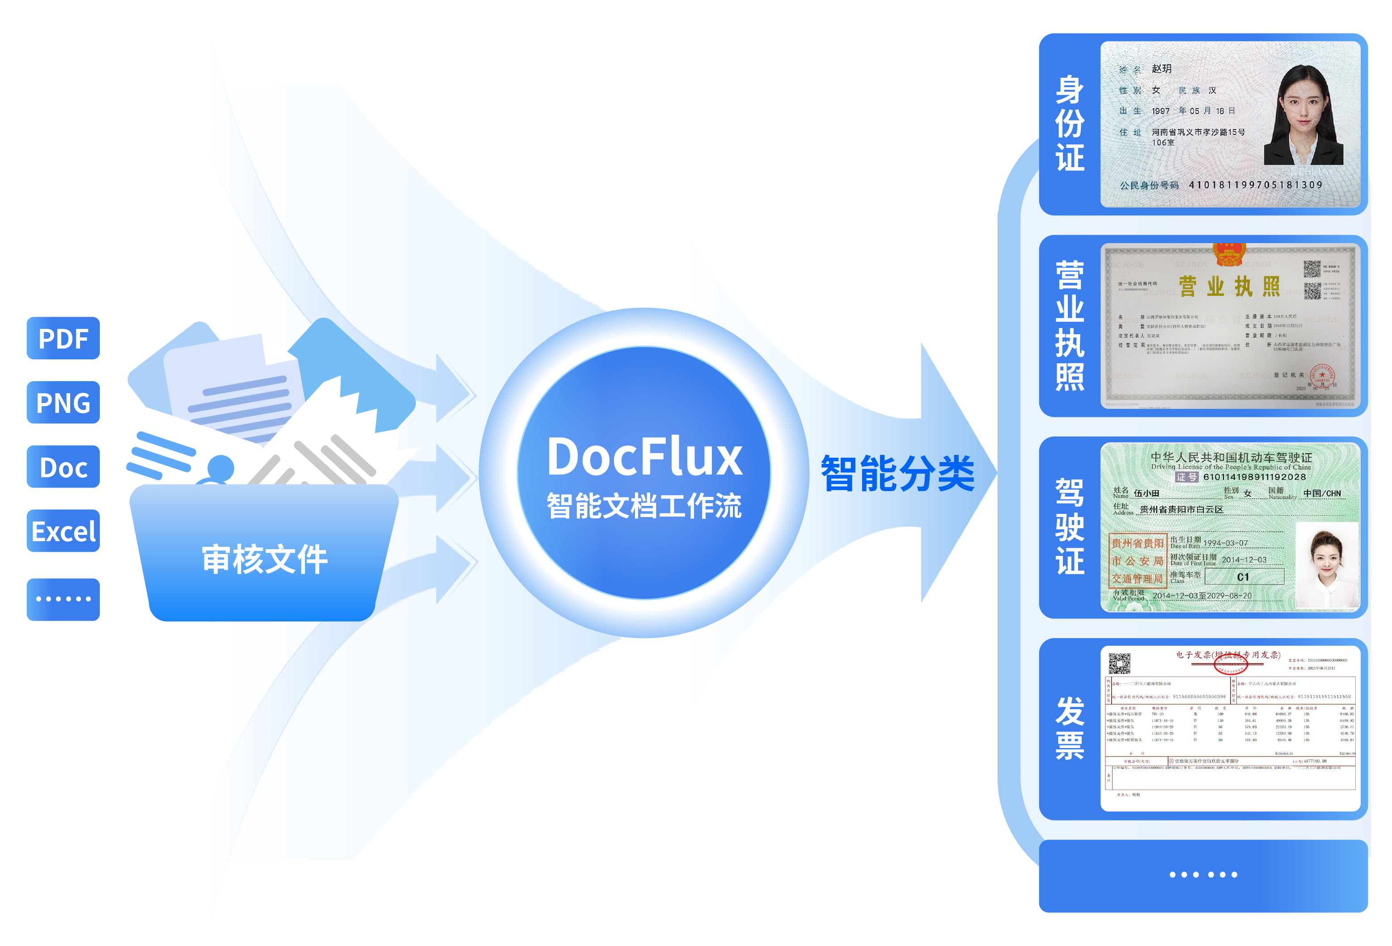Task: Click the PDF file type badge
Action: click(x=63, y=338)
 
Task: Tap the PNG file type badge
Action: click(x=63, y=402)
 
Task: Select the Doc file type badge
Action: click(x=63, y=467)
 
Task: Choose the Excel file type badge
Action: click(x=63, y=531)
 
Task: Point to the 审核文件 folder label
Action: click(x=264, y=559)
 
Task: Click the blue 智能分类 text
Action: click(x=897, y=473)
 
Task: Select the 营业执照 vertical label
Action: click(x=1069, y=326)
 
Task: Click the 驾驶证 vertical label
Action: click(x=1069, y=527)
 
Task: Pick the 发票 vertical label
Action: click(x=1069, y=728)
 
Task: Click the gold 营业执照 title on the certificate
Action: click(x=1229, y=287)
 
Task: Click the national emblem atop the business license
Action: click(x=1229, y=254)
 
